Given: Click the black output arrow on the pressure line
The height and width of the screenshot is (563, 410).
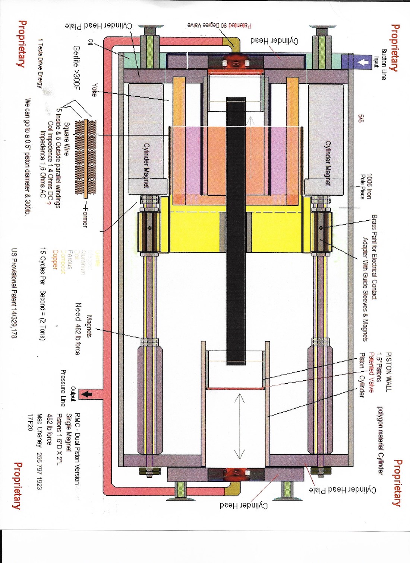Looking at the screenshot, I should tap(87, 394).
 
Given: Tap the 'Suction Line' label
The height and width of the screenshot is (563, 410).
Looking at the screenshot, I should tap(384, 64).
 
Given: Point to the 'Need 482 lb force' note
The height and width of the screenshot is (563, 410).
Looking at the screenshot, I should tap(78, 328).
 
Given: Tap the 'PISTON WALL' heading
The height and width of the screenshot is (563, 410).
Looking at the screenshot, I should tap(388, 372).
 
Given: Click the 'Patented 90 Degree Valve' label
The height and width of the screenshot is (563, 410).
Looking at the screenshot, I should tap(219, 25).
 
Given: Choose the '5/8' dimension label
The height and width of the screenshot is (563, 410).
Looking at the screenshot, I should tap(361, 118).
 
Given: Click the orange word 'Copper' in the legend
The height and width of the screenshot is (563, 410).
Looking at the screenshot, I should tap(55, 259).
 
